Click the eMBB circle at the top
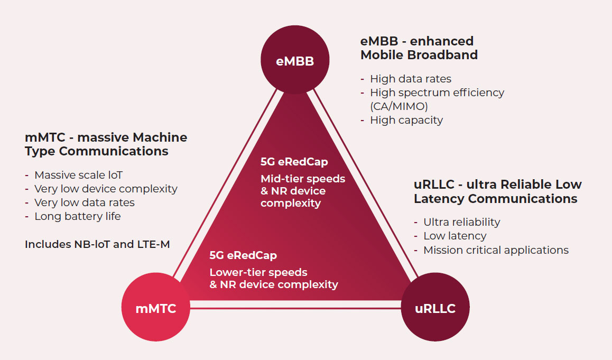click(295, 61)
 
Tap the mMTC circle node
click(155, 309)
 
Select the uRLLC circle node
click(435, 309)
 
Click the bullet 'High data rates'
click(410, 79)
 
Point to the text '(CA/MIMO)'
click(398, 106)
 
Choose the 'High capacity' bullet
click(406, 120)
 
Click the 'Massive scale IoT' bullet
click(78, 175)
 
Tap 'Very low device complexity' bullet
click(106, 189)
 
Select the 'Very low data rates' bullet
click(84, 202)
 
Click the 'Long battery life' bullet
click(77, 216)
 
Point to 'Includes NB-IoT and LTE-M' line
click(97, 244)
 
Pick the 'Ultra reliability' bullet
click(461, 222)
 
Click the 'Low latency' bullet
click(455, 236)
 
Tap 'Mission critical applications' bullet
click(496, 250)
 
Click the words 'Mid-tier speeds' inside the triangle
click(302, 179)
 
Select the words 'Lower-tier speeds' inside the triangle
click(258, 272)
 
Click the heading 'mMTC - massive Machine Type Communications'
click(106, 144)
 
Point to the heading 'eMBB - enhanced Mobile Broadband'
click(419, 48)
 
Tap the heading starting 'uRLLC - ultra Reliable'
click(497, 191)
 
